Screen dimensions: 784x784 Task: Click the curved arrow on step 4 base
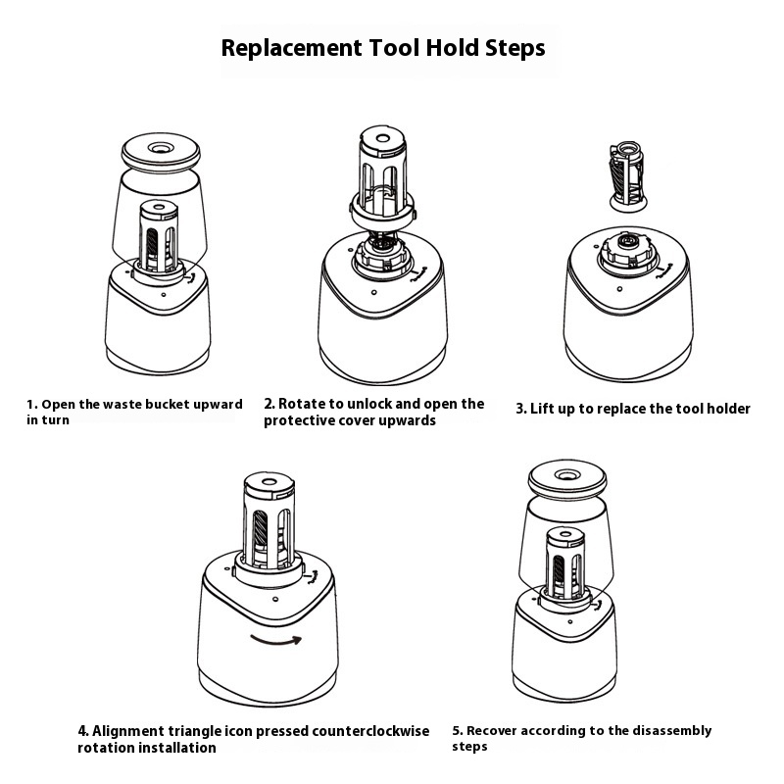278,639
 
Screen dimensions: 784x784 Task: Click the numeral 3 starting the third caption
520,409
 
